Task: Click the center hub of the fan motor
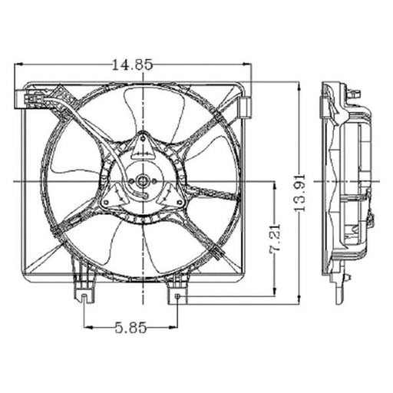(x=143, y=182)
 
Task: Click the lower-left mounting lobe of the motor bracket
(x=107, y=202)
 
